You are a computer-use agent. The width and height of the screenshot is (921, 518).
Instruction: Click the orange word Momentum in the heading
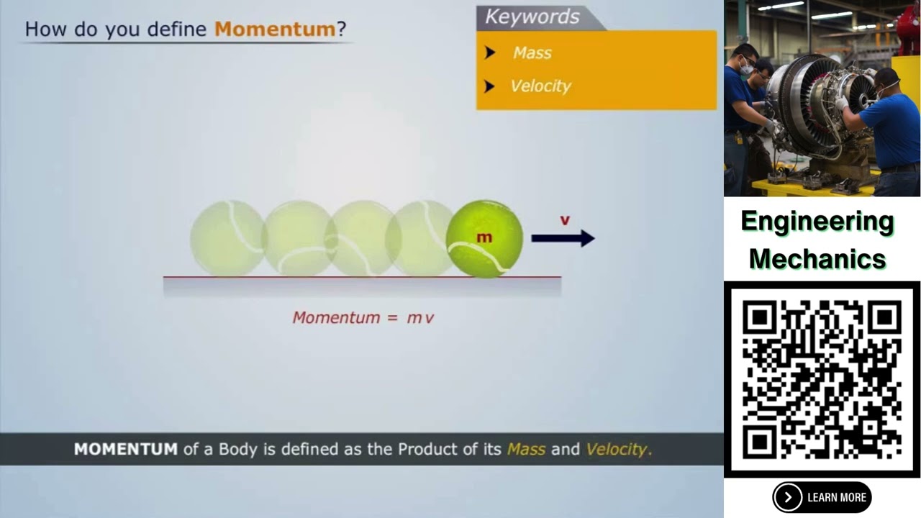[275, 29]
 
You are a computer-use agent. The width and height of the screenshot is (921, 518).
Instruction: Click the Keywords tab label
[532, 17]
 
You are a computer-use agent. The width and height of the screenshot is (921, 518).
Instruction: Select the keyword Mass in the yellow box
[532, 53]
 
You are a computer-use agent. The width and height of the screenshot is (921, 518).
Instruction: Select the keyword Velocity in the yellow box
[540, 86]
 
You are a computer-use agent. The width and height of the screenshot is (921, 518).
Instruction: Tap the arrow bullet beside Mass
[490, 53]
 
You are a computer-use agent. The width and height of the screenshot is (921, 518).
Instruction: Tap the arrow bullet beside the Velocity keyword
[490, 86]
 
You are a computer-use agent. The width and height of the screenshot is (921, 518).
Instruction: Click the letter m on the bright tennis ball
[484, 237]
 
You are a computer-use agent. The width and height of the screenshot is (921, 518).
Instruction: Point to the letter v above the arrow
[565, 220]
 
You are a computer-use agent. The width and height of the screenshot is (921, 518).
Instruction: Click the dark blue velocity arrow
[562, 238]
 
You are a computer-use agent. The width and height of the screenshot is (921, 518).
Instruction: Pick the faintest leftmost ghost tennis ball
[227, 238]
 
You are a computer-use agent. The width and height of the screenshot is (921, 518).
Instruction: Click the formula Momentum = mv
[363, 317]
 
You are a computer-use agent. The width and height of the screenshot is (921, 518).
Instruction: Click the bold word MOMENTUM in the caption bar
[125, 449]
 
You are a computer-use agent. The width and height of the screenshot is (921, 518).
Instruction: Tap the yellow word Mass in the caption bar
[526, 449]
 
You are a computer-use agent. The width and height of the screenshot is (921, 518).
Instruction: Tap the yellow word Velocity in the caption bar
[617, 449]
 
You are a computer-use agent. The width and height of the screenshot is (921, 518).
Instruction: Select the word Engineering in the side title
[817, 222]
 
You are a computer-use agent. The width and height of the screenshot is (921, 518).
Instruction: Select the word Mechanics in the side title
[817, 258]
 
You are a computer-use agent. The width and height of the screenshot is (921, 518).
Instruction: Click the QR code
[822, 378]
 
